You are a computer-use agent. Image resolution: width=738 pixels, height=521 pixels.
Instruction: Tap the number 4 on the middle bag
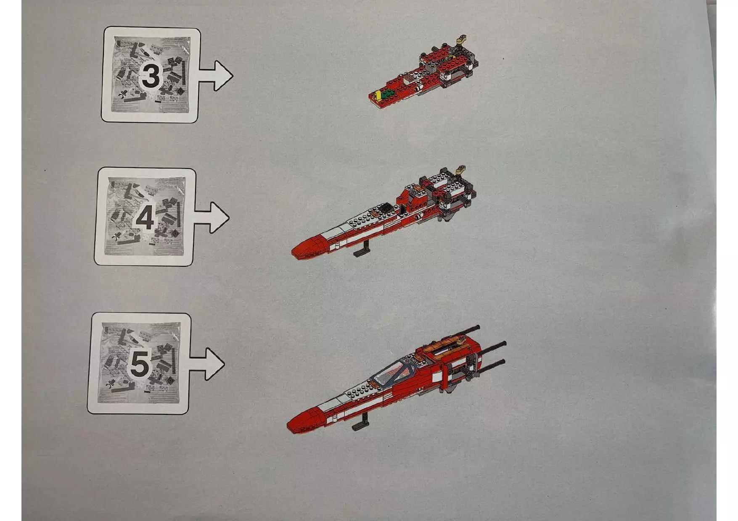144,219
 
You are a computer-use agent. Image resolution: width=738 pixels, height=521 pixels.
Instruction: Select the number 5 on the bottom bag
140,364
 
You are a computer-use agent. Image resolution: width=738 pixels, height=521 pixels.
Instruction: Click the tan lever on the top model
463,39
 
